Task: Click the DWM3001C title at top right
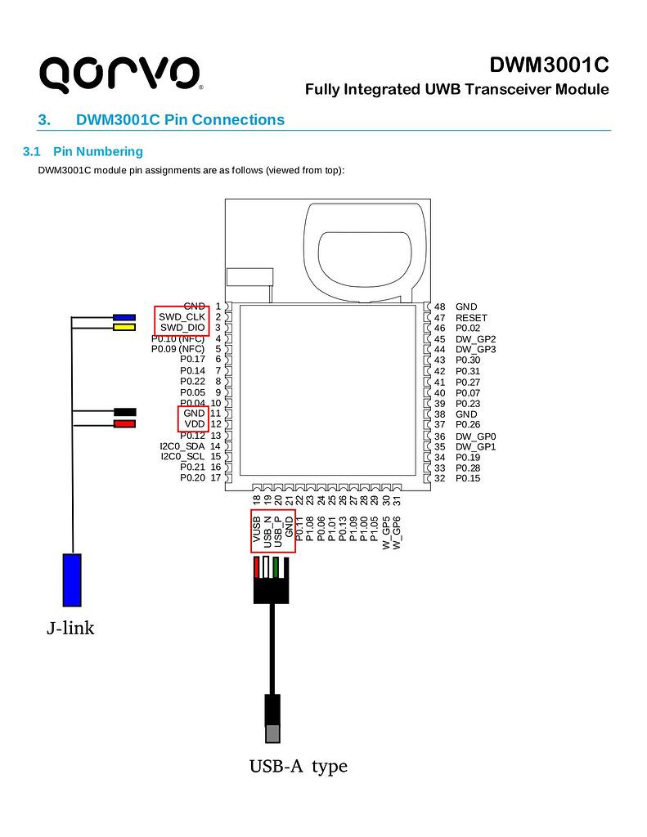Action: click(x=549, y=65)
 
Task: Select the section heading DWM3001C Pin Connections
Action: click(x=180, y=120)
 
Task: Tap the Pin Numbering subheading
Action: click(x=97, y=151)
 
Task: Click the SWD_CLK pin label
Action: click(x=182, y=317)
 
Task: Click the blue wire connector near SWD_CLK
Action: click(x=124, y=317)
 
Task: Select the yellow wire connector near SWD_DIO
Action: click(x=124, y=328)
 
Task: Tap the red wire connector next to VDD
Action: click(x=124, y=424)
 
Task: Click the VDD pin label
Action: click(x=194, y=424)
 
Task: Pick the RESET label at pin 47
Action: click(x=471, y=318)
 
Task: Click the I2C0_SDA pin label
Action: click(x=182, y=446)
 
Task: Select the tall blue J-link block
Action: click(x=72, y=580)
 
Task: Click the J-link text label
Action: click(x=70, y=629)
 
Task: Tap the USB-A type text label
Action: click(x=299, y=766)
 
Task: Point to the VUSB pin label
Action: click(x=257, y=530)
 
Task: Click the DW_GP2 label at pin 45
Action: click(x=475, y=339)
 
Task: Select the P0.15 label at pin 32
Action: click(x=468, y=478)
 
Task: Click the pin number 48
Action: click(x=440, y=307)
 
